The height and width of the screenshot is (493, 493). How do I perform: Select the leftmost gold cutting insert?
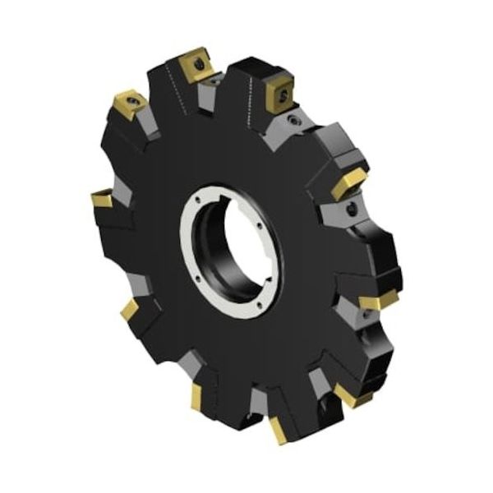[102, 199]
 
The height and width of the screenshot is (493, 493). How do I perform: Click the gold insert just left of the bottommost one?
[197, 397]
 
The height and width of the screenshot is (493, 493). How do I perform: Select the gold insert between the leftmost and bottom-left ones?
[129, 310]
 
